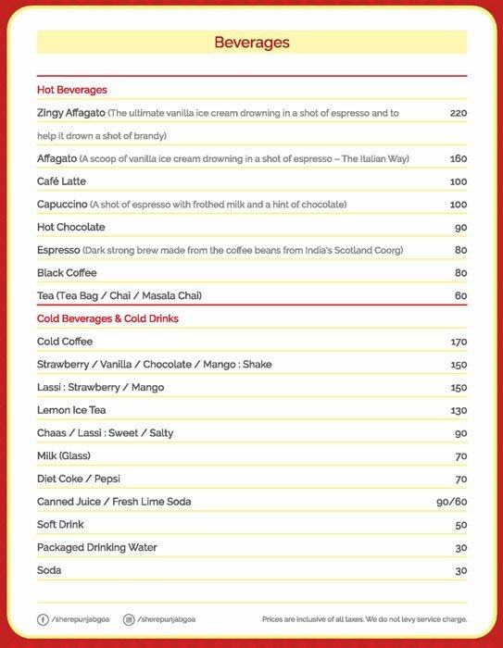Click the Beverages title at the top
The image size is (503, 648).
point(251,43)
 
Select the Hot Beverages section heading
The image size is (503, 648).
point(72,90)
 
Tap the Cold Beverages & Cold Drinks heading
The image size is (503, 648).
point(107,318)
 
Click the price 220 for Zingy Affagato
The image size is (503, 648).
point(458,113)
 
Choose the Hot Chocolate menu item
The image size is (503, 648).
point(71,227)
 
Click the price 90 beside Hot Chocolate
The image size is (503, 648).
point(460,228)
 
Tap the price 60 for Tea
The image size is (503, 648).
point(460,296)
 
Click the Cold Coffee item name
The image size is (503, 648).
point(65,342)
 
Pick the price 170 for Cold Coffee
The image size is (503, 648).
point(458,343)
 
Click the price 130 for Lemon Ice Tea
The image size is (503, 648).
point(458,411)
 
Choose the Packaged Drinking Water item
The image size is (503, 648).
point(97,547)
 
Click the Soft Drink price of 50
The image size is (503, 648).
point(460,525)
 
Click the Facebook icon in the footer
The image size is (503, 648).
point(43,618)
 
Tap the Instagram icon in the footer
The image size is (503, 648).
point(129,618)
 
